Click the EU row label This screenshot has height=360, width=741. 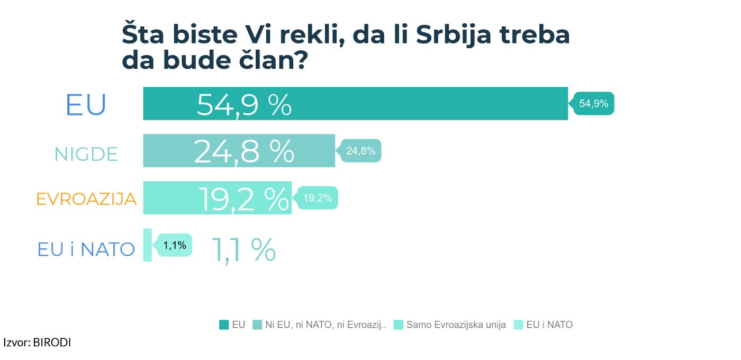point(86,105)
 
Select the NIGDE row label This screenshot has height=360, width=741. point(86,154)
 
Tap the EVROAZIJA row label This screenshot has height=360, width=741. point(86,199)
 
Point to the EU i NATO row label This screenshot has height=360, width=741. point(86,249)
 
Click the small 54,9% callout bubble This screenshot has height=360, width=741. point(594,104)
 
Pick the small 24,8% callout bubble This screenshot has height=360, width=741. point(360,151)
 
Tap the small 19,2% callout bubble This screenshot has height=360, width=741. point(318,198)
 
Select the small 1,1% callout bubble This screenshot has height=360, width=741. point(174,245)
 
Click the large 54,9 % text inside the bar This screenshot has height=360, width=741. point(244,105)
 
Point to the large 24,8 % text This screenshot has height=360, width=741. point(244,151)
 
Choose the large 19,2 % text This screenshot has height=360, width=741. point(244,199)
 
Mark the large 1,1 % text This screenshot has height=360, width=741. point(244,249)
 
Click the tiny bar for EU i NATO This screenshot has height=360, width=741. point(147,245)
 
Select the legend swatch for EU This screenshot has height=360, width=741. point(224,325)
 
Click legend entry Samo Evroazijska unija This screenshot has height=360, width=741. point(456,325)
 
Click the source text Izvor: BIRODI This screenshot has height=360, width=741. point(37,343)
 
